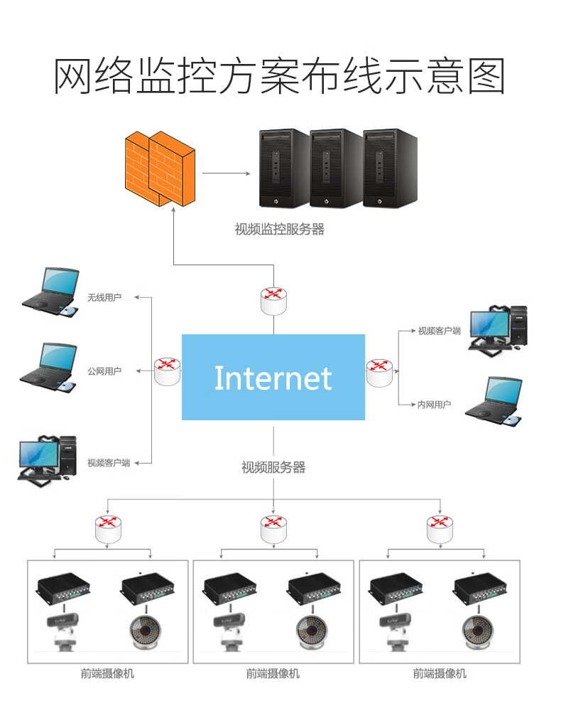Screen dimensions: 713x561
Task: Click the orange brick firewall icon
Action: (x=159, y=168)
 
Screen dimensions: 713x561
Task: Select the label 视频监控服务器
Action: (x=279, y=230)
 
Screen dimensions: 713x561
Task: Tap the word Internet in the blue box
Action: (x=273, y=378)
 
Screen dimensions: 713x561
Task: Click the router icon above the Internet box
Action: (x=274, y=300)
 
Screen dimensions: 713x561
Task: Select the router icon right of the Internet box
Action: (x=379, y=372)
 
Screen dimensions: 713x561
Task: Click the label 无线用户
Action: (x=104, y=297)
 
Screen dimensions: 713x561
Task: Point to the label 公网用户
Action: (x=104, y=371)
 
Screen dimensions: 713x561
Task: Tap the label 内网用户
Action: (x=434, y=404)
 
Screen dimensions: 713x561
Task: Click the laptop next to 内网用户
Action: (x=495, y=402)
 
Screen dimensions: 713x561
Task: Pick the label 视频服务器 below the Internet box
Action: (x=273, y=467)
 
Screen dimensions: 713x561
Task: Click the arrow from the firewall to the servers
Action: (x=227, y=173)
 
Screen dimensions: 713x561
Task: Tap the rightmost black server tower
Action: (x=390, y=168)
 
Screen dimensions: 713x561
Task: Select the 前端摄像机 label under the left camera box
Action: (x=107, y=673)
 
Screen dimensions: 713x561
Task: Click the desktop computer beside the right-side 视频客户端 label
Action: (x=499, y=328)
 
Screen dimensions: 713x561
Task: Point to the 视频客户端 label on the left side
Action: (x=109, y=463)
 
